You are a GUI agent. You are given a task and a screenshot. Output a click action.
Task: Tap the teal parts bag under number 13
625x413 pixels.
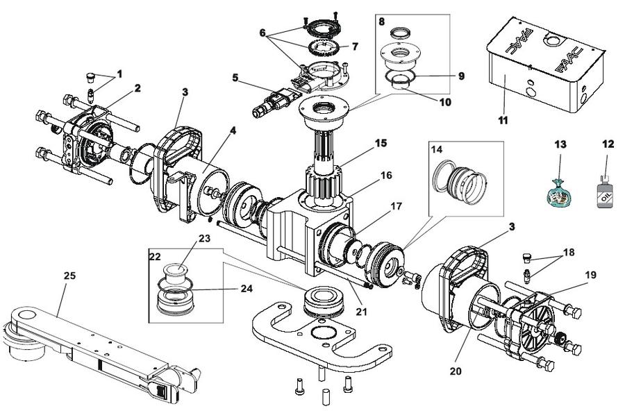coord(558,194)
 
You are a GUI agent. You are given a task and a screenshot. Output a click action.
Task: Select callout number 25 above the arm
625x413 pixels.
coord(69,276)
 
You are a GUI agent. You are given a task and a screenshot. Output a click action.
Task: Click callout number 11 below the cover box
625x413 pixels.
coord(503,120)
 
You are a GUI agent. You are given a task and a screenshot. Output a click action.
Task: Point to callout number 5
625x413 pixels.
coord(235,77)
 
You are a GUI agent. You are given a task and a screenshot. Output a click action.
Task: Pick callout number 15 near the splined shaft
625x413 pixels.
coord(381,142)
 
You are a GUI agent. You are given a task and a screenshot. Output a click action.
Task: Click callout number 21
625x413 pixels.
coord(361,312)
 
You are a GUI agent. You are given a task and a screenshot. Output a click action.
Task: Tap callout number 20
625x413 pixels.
coord(456,371)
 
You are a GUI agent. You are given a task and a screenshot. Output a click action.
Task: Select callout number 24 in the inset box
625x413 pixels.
coord(247,288)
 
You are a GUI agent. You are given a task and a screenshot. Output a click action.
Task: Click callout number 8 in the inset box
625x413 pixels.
coord(382,22)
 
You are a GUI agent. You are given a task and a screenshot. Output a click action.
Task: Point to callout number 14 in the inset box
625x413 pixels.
coord(437,149)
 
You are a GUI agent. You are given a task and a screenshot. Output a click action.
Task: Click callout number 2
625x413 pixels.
coord(137,88)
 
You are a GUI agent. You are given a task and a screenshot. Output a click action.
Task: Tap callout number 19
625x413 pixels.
coord(591,275)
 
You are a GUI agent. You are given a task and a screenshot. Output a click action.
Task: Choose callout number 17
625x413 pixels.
coord(397,206)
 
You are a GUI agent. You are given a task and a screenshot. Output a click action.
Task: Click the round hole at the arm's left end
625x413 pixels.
coord(26,314)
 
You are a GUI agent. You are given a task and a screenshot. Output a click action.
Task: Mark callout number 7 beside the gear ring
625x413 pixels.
coord(355,47)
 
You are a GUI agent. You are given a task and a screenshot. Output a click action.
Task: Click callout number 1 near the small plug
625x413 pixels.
coord(119,74)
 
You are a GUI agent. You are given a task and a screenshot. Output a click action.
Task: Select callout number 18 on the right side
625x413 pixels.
coord(569,252)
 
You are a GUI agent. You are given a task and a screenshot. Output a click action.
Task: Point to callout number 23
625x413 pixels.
coord(204,238)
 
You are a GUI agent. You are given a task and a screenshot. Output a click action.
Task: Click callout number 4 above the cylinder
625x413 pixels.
coord(233,130)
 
